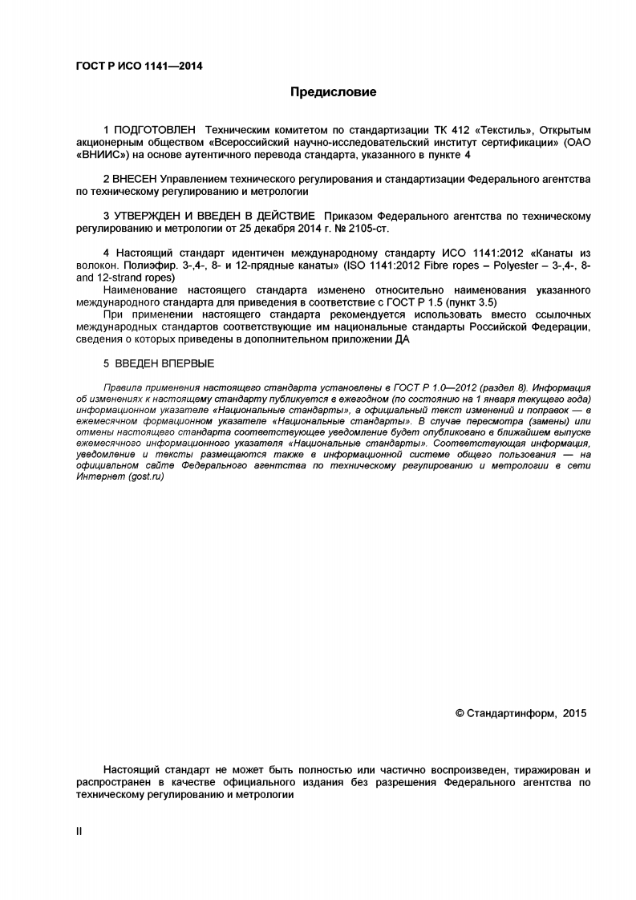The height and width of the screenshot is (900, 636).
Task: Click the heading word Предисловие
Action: pos(333,92)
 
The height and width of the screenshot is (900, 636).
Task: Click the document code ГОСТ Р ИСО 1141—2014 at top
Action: pos(128,66)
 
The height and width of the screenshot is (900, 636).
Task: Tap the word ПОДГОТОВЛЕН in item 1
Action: pos(156,129)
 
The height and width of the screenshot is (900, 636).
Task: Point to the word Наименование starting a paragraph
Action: pos(141,289)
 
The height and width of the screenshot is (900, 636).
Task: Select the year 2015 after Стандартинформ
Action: pos(575,712)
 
